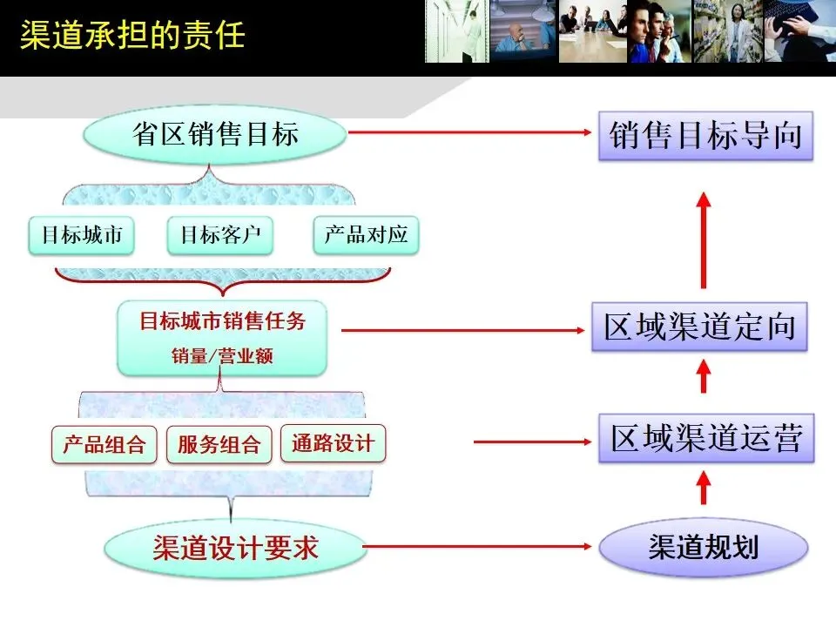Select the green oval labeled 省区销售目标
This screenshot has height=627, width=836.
215,134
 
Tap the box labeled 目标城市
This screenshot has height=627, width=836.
82,235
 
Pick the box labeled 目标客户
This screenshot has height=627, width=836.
220,235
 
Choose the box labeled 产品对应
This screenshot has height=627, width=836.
366,235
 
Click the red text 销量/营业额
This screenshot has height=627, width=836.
222,356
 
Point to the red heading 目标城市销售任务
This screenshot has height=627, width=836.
222,320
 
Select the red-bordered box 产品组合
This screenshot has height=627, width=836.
104,445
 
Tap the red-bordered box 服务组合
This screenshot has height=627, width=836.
219,445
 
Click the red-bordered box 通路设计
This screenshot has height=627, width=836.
333,443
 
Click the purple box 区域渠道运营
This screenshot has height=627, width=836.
705,439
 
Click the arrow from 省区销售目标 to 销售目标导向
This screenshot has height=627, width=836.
470,133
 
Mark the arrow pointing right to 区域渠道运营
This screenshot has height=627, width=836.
531,442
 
